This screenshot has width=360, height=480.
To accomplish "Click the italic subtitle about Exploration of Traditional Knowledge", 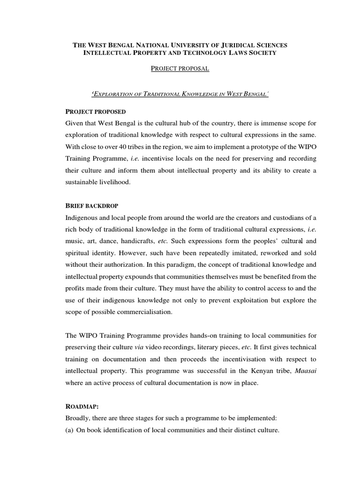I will point(180,94).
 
